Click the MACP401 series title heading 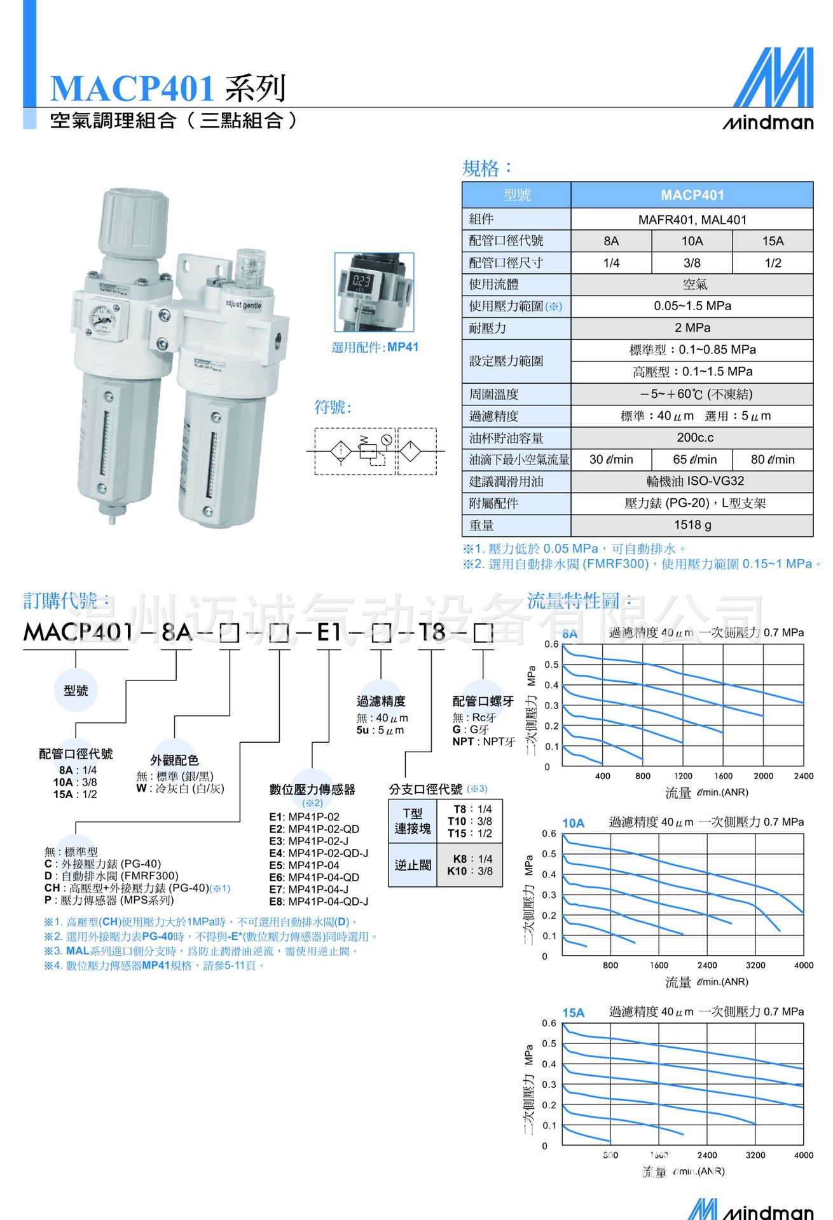click(x=168, y=88)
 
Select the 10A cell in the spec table click(x=692, y=241)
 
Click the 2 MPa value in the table click(x=692, y=328)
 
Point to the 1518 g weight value click(x=692, y=525)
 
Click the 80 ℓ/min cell click(x=772, y=459)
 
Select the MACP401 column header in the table click(x=692, y=195)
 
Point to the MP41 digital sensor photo click(x=374, y=292)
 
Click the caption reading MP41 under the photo click(x=403, y=347)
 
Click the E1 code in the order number click(x=329, y=632)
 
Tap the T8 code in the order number click(x=431, y=632)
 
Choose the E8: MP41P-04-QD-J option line click(x=319, y=902)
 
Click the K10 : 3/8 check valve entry click(x=470, y=871)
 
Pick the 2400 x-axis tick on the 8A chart click(x=803, y=776)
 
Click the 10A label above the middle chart click(x=573, y=823)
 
